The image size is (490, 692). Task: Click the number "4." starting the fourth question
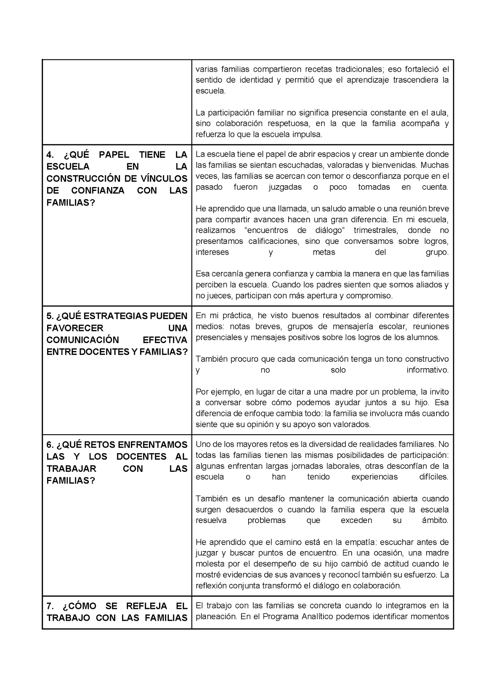point(50,155)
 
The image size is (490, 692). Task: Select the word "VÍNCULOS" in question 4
point(167,179)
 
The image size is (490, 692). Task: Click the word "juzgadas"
point(285,187)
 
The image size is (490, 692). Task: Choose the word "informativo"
point(427,370)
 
